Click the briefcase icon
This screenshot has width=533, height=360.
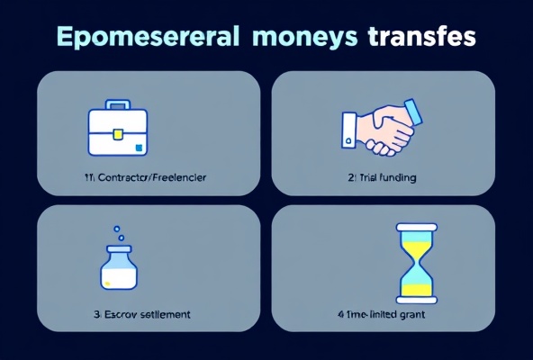118,130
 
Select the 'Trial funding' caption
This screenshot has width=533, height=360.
382,178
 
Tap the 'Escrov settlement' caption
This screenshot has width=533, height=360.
141,315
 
